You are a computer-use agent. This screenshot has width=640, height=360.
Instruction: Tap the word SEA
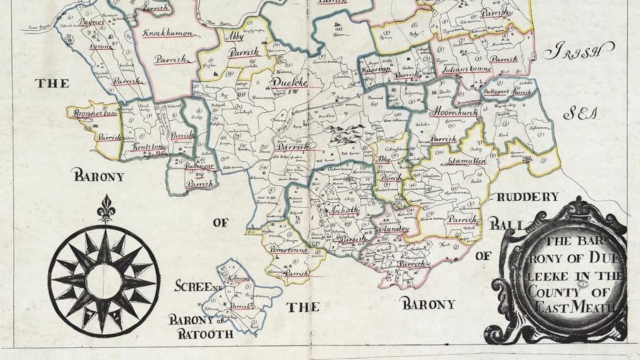[x=581, y=114]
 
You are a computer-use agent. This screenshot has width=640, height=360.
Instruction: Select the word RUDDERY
[x=528, y=197]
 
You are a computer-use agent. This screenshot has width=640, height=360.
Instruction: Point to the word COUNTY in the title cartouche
[x=551, y=291]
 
